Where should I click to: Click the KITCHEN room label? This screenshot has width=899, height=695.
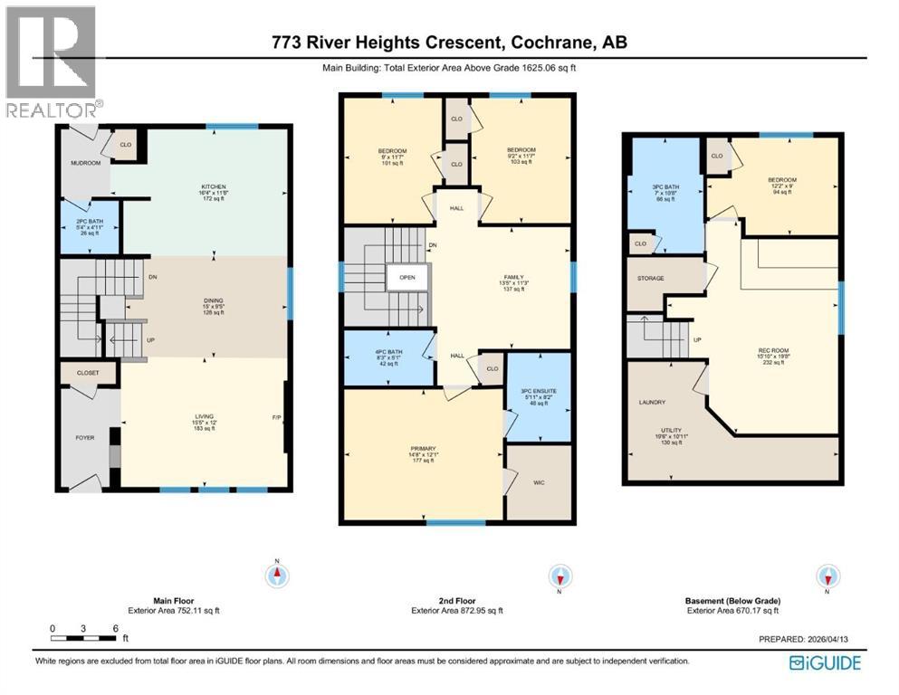[214, 186]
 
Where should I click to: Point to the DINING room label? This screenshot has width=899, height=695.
[213, 300]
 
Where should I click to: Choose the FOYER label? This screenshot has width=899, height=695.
[84, 438]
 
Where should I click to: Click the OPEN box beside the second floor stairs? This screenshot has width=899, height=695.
[406, 277]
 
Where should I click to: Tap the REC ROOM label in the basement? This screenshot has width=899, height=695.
[770, 351]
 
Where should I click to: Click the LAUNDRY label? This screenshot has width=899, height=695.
[652, 402]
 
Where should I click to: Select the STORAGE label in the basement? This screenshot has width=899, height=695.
[651, 278]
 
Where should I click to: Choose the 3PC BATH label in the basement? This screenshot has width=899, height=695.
[665, 187]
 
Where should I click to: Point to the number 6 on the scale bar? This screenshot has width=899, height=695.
[114, 628]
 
